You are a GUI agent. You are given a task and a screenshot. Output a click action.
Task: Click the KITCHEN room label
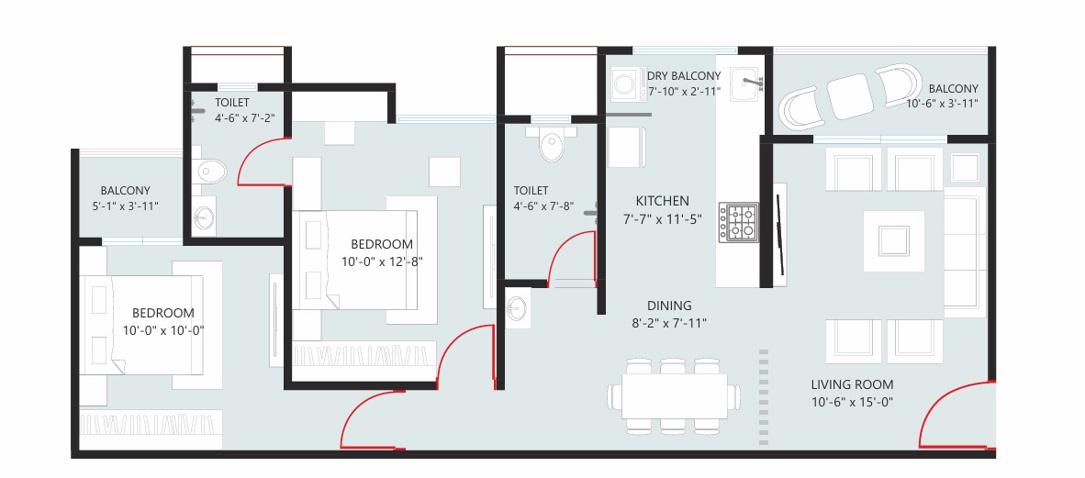click(662, 201)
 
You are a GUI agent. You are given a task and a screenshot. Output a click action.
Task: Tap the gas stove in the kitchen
click(738, 222)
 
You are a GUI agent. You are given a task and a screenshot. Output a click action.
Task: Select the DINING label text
click(669, 306)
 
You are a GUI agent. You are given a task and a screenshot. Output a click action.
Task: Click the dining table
click(674, 395)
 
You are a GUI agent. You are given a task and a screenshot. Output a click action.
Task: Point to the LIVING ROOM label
click(852, 384)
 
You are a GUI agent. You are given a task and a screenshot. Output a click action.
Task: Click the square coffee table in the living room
click(893, 240)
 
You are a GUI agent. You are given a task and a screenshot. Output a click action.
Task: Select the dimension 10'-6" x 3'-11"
click(942, 104)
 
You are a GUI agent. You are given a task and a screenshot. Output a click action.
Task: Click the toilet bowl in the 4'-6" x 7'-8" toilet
click(552, 144)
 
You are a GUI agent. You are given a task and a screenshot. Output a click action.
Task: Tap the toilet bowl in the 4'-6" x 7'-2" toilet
click(209, 172)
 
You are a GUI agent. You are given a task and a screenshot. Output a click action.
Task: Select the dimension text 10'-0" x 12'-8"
click(382, 261)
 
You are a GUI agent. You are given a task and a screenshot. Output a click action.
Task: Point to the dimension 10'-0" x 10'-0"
click(163, 330)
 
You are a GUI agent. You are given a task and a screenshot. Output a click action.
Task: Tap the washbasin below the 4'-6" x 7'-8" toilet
click(516, 307)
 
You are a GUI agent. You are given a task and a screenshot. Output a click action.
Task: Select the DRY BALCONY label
click(684, 76)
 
